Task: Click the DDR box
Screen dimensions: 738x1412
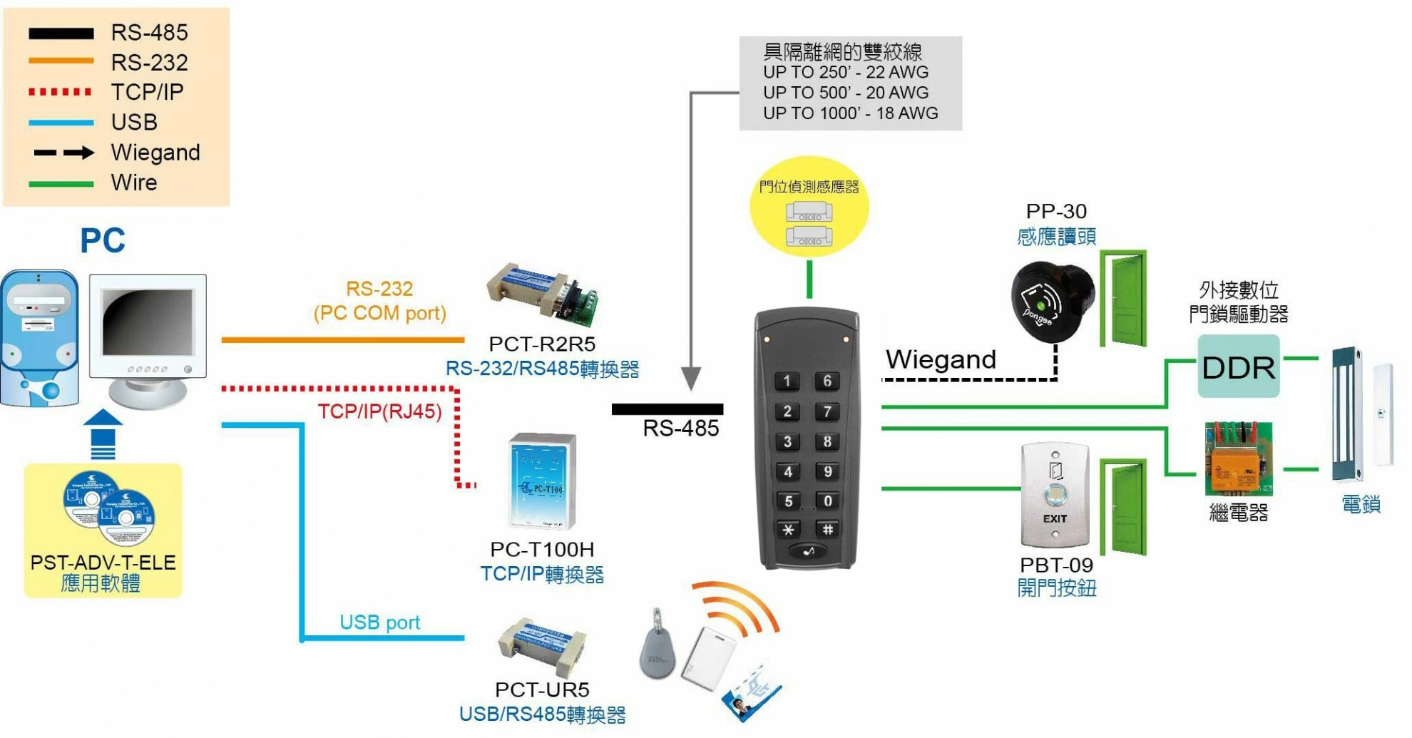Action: coord(1238,367)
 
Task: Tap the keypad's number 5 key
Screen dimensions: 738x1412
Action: coord(787,501)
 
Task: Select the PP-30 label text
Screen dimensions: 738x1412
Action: coord(1055,211)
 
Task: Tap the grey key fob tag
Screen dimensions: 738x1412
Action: coord(657,648)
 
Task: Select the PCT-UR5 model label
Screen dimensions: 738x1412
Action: coord(542,690)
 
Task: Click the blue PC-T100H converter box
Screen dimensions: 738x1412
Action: coord(542,481)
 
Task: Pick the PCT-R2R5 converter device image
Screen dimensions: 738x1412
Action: coord(542,294)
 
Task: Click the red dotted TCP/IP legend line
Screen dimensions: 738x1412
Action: coord(61,92)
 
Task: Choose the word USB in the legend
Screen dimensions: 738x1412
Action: coord(134,122)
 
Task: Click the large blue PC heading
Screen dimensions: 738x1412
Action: coord(103,241)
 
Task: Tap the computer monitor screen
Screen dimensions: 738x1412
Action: coord(148,322)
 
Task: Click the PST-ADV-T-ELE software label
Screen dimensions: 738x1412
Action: coord(103,563)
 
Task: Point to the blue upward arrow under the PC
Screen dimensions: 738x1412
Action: coord(103,434)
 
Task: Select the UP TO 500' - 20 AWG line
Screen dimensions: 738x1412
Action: coord(846,93)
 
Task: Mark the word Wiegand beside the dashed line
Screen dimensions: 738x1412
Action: coord(940,359)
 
